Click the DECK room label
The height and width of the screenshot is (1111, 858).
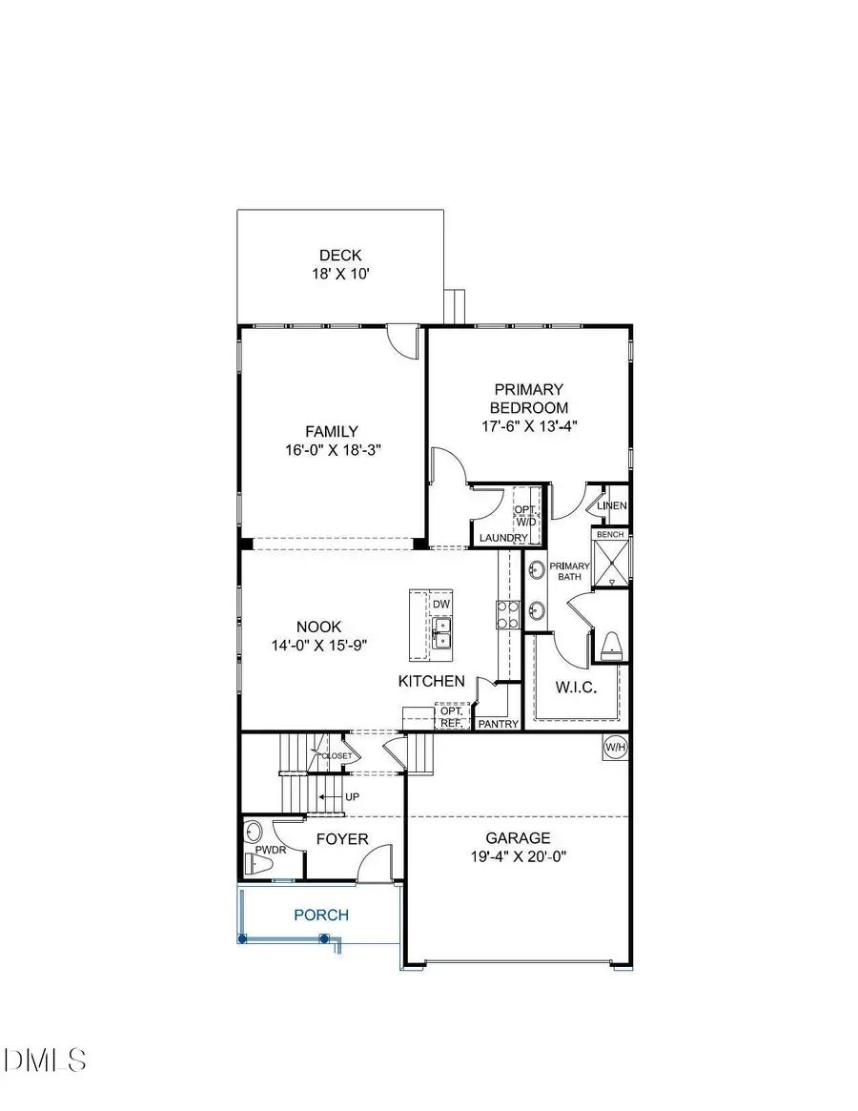[x=340, y=256]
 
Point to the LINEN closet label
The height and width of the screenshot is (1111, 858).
[x=611, y=505]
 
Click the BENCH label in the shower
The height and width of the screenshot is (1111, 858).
[x=610, y=535]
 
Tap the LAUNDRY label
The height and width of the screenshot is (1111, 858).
[x=503, y=539]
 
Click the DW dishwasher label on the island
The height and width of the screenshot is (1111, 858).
[x=440, y=605]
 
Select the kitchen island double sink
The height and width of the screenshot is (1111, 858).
[x=440, y=633]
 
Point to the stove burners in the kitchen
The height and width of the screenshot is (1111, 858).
[x=506, y=615]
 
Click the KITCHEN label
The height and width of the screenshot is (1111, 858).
[x=432, y=681]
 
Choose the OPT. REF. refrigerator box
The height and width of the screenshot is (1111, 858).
[x=451, y=717]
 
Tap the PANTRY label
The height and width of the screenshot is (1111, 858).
[x=499, y=725]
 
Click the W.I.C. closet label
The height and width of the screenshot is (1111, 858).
[x=576, y=688]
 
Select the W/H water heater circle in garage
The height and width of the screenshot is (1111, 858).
[x=613, y=748]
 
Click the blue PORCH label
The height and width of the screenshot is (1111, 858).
[x=320, y=915]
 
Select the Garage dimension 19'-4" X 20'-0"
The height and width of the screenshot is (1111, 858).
[x=518, y=855]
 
